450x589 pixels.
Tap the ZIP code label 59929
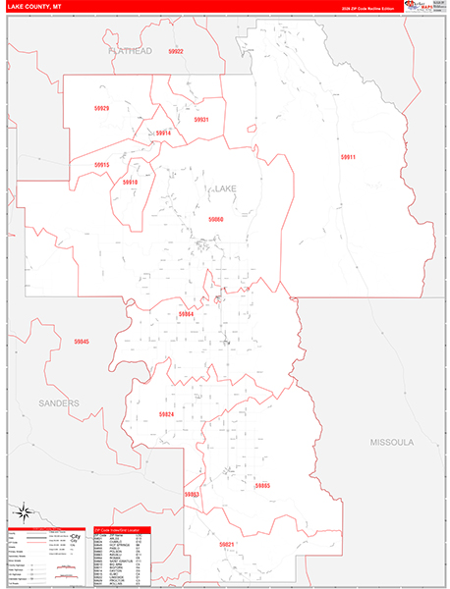102,108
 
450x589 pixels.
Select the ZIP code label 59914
163,133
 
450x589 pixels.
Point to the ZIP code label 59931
200,120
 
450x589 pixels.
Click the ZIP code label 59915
102,165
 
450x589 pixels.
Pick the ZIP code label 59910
131,182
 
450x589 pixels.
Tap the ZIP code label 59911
349,157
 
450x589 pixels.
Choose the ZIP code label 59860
216,219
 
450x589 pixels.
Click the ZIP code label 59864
187,314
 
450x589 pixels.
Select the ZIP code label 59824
167,414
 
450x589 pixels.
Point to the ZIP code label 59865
261,486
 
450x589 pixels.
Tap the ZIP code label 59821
227,544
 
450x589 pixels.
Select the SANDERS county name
59,403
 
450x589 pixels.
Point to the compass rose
25,510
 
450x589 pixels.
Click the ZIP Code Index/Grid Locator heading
122,529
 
